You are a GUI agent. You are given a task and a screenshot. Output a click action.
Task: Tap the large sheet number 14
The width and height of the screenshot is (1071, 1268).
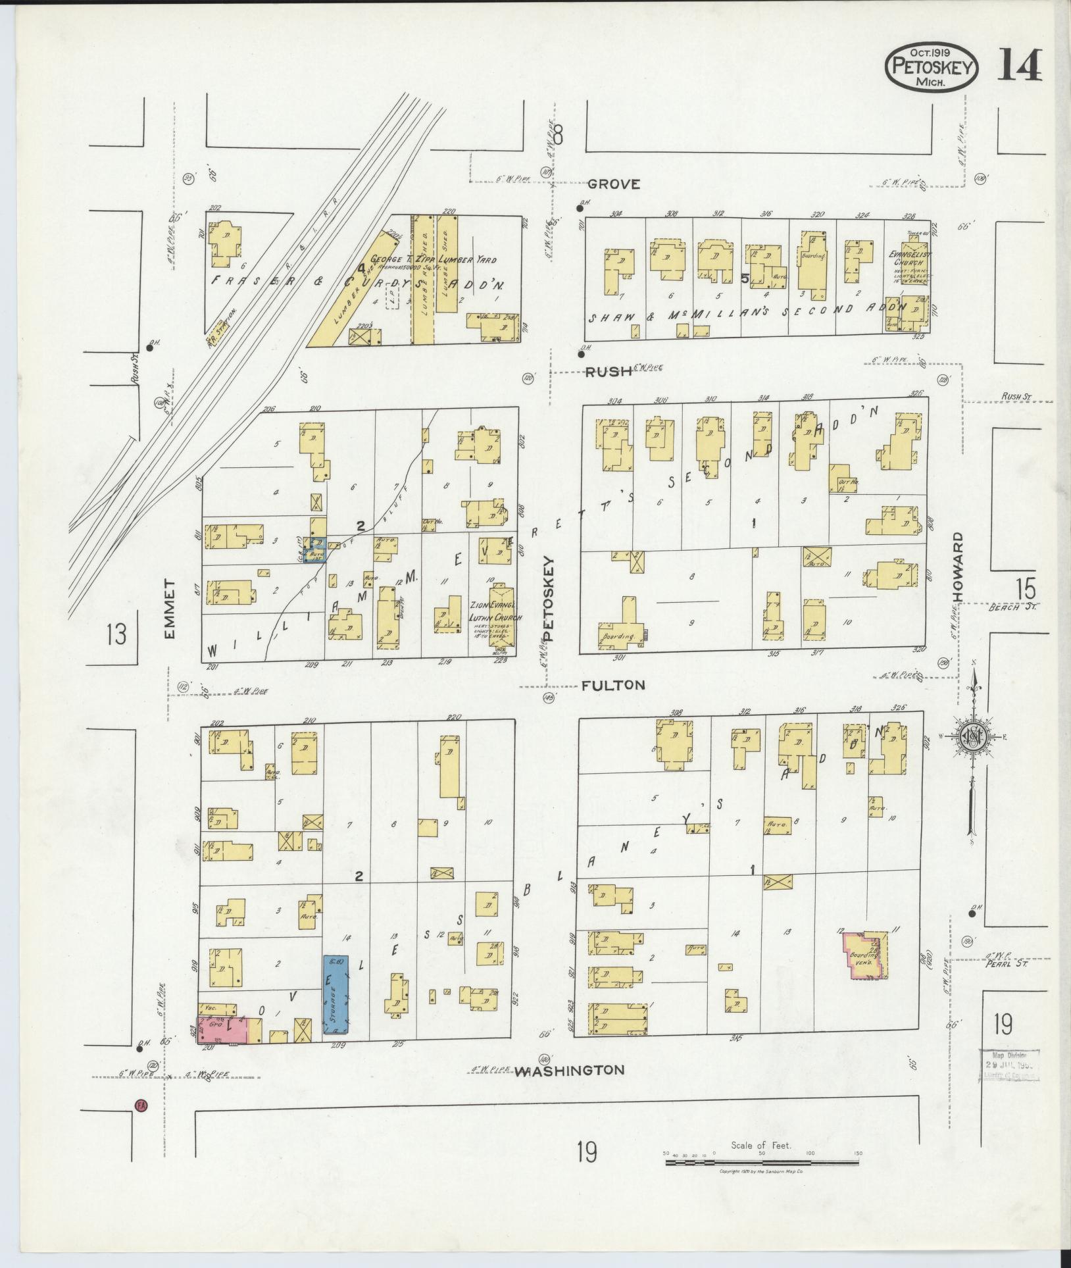[x=1019, y=66]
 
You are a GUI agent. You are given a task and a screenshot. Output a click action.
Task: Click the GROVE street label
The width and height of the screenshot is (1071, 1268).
[x=613, y=184]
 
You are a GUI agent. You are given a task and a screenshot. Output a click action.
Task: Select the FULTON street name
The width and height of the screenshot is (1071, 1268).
[x=613, y=685]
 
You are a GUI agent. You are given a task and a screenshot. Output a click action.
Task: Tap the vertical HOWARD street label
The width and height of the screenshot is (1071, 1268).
[x=959, y=567]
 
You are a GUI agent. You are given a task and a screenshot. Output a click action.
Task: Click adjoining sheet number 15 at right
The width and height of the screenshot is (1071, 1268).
[x=1024, y=588]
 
